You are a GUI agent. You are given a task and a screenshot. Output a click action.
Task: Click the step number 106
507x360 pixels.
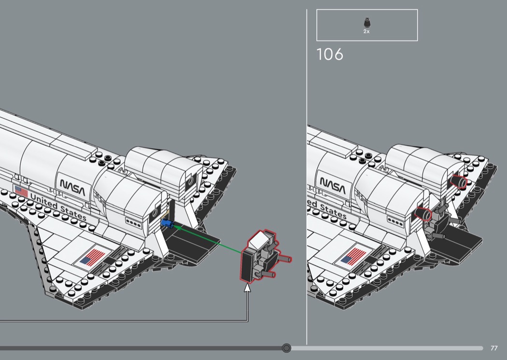[329, 55]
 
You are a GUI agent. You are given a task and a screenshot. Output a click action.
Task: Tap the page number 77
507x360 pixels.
[494, 348]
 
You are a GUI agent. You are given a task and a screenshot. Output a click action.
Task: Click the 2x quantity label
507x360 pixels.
[366, 31]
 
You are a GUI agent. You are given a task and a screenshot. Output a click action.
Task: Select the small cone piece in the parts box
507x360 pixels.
[367, 23]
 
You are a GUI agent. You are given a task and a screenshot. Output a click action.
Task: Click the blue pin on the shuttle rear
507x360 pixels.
[167, 223]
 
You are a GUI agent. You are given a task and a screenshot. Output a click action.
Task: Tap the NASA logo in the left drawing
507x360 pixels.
[73, 187]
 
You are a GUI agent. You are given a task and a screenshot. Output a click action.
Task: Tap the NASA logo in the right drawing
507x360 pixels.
[333, 185]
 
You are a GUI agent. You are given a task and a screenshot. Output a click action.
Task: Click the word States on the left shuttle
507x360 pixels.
[73, 213]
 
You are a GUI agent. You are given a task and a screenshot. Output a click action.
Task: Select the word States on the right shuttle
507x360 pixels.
[333, 211]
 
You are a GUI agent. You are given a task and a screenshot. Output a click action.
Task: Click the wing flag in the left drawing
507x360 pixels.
[93, 257]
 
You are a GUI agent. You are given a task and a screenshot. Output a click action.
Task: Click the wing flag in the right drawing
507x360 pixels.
[353, 256]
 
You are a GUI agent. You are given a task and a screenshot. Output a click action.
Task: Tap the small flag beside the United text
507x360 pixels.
[21, 191]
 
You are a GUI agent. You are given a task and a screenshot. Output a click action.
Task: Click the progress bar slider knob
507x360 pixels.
[286, 348]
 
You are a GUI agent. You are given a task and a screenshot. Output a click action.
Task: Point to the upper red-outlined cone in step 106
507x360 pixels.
[459, 182]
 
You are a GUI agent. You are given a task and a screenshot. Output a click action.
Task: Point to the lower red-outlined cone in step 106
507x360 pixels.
[423, 214]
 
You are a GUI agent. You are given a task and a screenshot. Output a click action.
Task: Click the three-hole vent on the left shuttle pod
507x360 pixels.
[134, 223]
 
